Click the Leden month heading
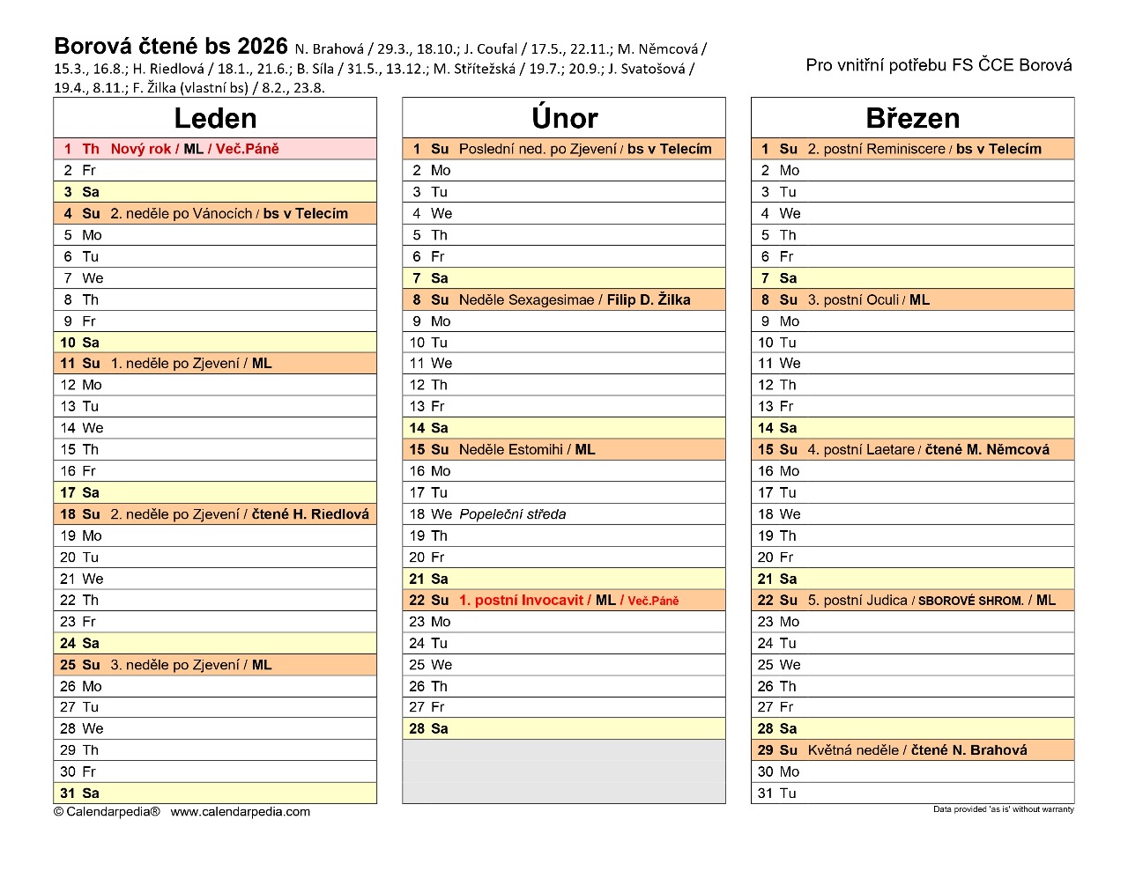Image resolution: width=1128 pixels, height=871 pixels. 215,118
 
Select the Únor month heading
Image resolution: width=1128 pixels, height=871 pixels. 564,118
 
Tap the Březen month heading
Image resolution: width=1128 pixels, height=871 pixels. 912,118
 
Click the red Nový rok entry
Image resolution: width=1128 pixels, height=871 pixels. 141,149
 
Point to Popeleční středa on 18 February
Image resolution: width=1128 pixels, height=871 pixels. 512,514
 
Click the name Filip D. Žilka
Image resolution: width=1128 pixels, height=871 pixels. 649,299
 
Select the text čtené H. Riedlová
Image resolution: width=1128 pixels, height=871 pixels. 310,514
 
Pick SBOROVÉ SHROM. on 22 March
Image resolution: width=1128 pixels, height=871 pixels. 970,601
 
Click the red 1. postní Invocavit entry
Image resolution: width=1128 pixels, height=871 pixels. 521,601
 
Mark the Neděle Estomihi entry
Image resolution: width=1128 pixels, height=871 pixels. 510,449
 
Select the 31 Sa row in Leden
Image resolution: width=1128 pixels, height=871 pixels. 215,793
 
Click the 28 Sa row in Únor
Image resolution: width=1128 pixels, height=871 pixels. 564,728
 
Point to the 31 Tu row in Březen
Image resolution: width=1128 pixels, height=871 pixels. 912,793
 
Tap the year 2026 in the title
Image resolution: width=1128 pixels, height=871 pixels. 263,46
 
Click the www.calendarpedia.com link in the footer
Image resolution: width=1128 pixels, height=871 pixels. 240,812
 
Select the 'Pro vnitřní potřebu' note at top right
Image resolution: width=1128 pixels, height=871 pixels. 939,65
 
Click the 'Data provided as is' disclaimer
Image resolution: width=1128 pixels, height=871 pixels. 1003,809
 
